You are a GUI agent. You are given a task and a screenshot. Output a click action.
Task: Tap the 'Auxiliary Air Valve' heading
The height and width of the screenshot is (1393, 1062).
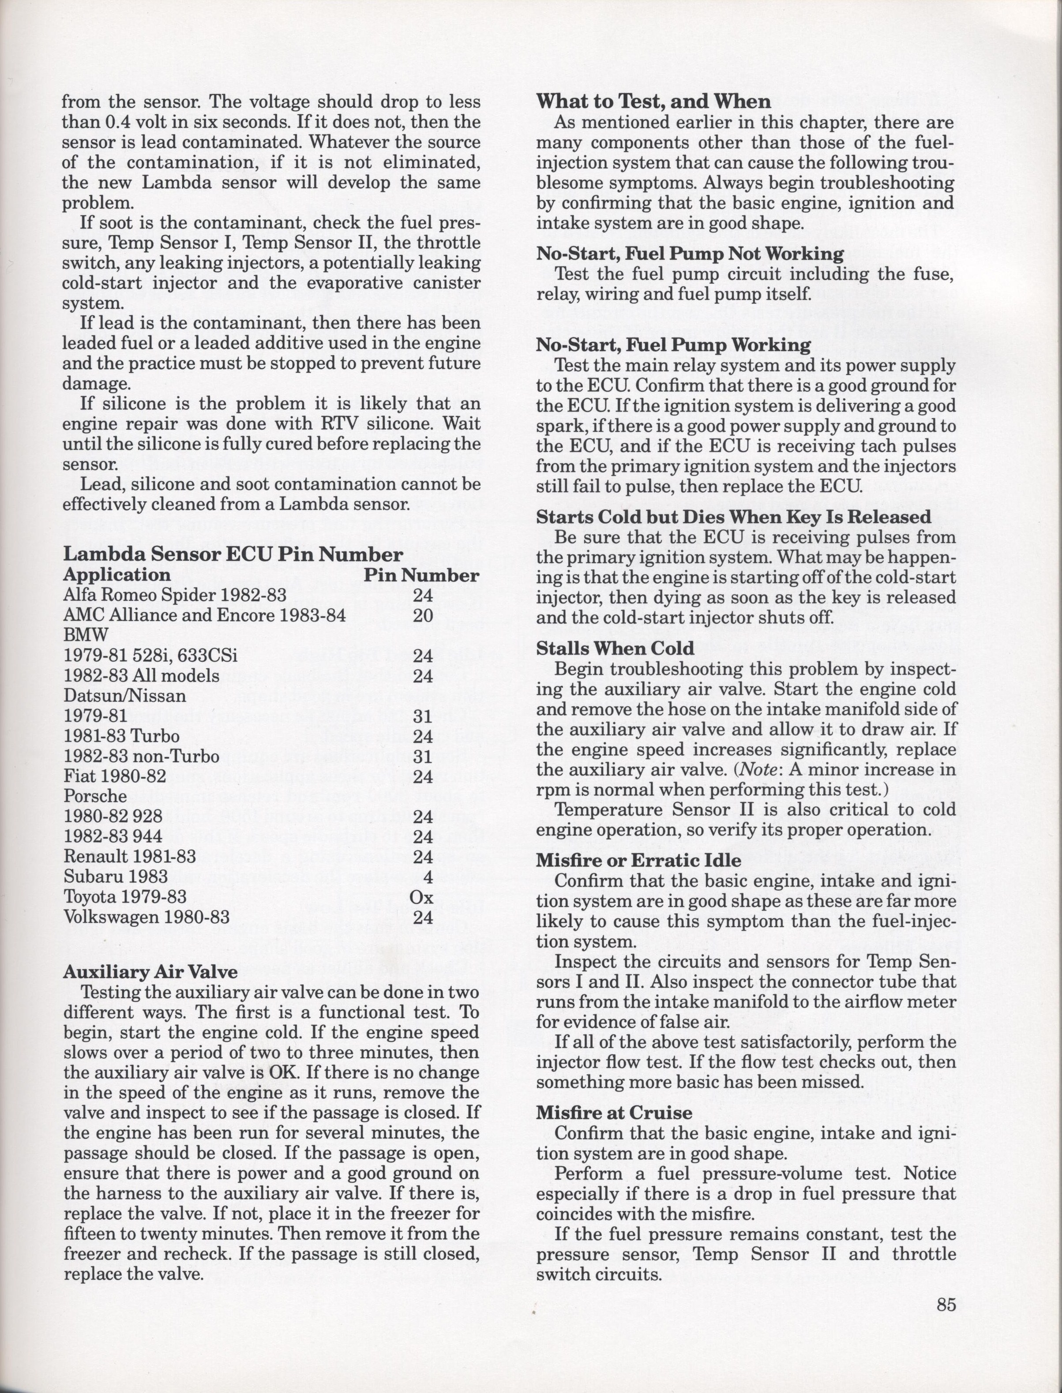pos(150,972)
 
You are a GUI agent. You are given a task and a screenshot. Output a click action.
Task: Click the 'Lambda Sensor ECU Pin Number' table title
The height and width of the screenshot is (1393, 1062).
pos(233,554)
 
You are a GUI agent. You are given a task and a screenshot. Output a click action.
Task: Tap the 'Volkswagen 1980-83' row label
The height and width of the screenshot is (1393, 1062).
pos(146,917)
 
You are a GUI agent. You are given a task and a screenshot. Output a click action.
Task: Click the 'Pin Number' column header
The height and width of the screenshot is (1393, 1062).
pos(421,575)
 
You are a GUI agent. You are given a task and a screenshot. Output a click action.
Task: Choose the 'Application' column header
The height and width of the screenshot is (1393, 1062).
pos(117,575)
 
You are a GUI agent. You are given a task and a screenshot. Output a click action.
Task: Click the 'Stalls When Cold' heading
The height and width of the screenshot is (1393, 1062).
pos(615,648)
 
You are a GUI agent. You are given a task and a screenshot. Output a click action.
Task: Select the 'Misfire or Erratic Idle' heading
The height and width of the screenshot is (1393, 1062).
pos(638,860)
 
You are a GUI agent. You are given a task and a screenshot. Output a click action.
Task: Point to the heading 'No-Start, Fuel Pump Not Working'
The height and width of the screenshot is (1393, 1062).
pos(690,254)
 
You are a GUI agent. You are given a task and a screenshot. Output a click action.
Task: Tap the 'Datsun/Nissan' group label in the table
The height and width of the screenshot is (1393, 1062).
pos(125,696)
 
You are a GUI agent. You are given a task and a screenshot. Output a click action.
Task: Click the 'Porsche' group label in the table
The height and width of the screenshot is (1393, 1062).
pos(95,796)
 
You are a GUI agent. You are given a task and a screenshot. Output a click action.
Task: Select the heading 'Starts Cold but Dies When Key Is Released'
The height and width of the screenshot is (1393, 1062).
pos(733,517)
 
